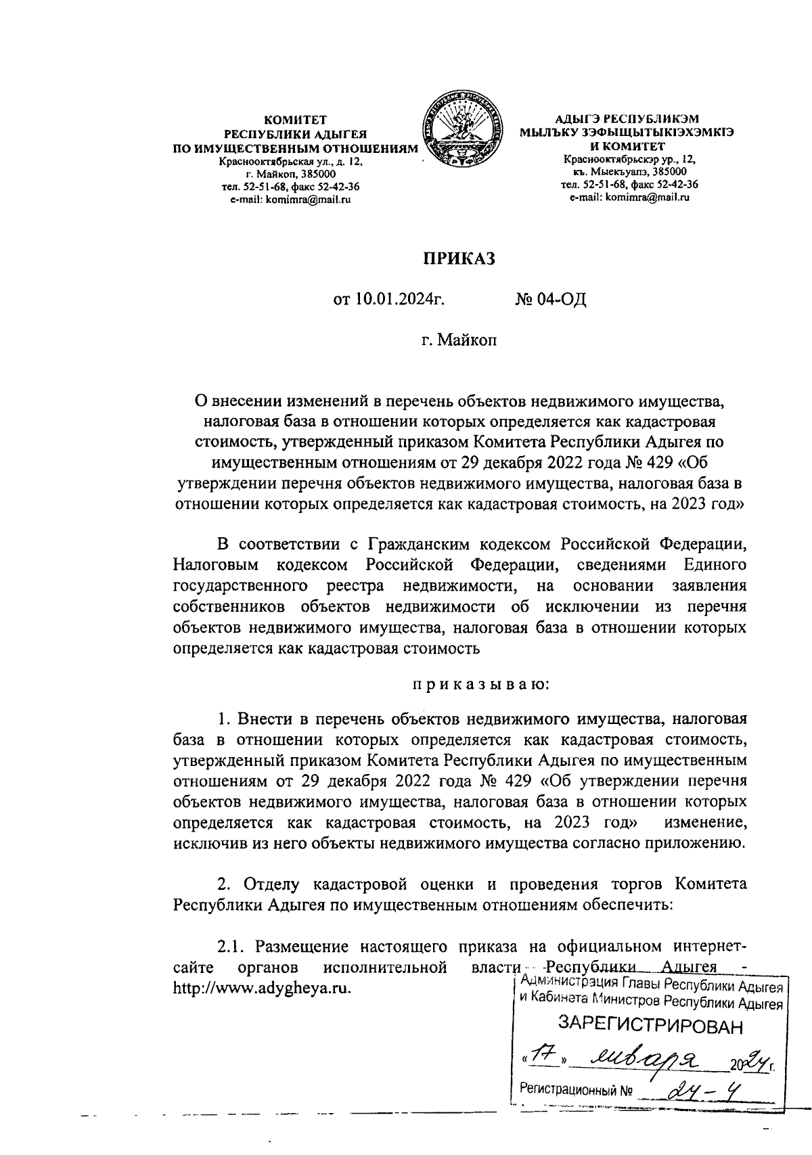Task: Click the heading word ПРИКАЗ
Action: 459,258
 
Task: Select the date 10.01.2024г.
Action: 389,299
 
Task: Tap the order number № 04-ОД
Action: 549,299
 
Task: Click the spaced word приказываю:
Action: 482,685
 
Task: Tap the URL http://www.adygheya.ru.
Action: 263,987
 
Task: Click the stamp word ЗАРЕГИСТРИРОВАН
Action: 650,1026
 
